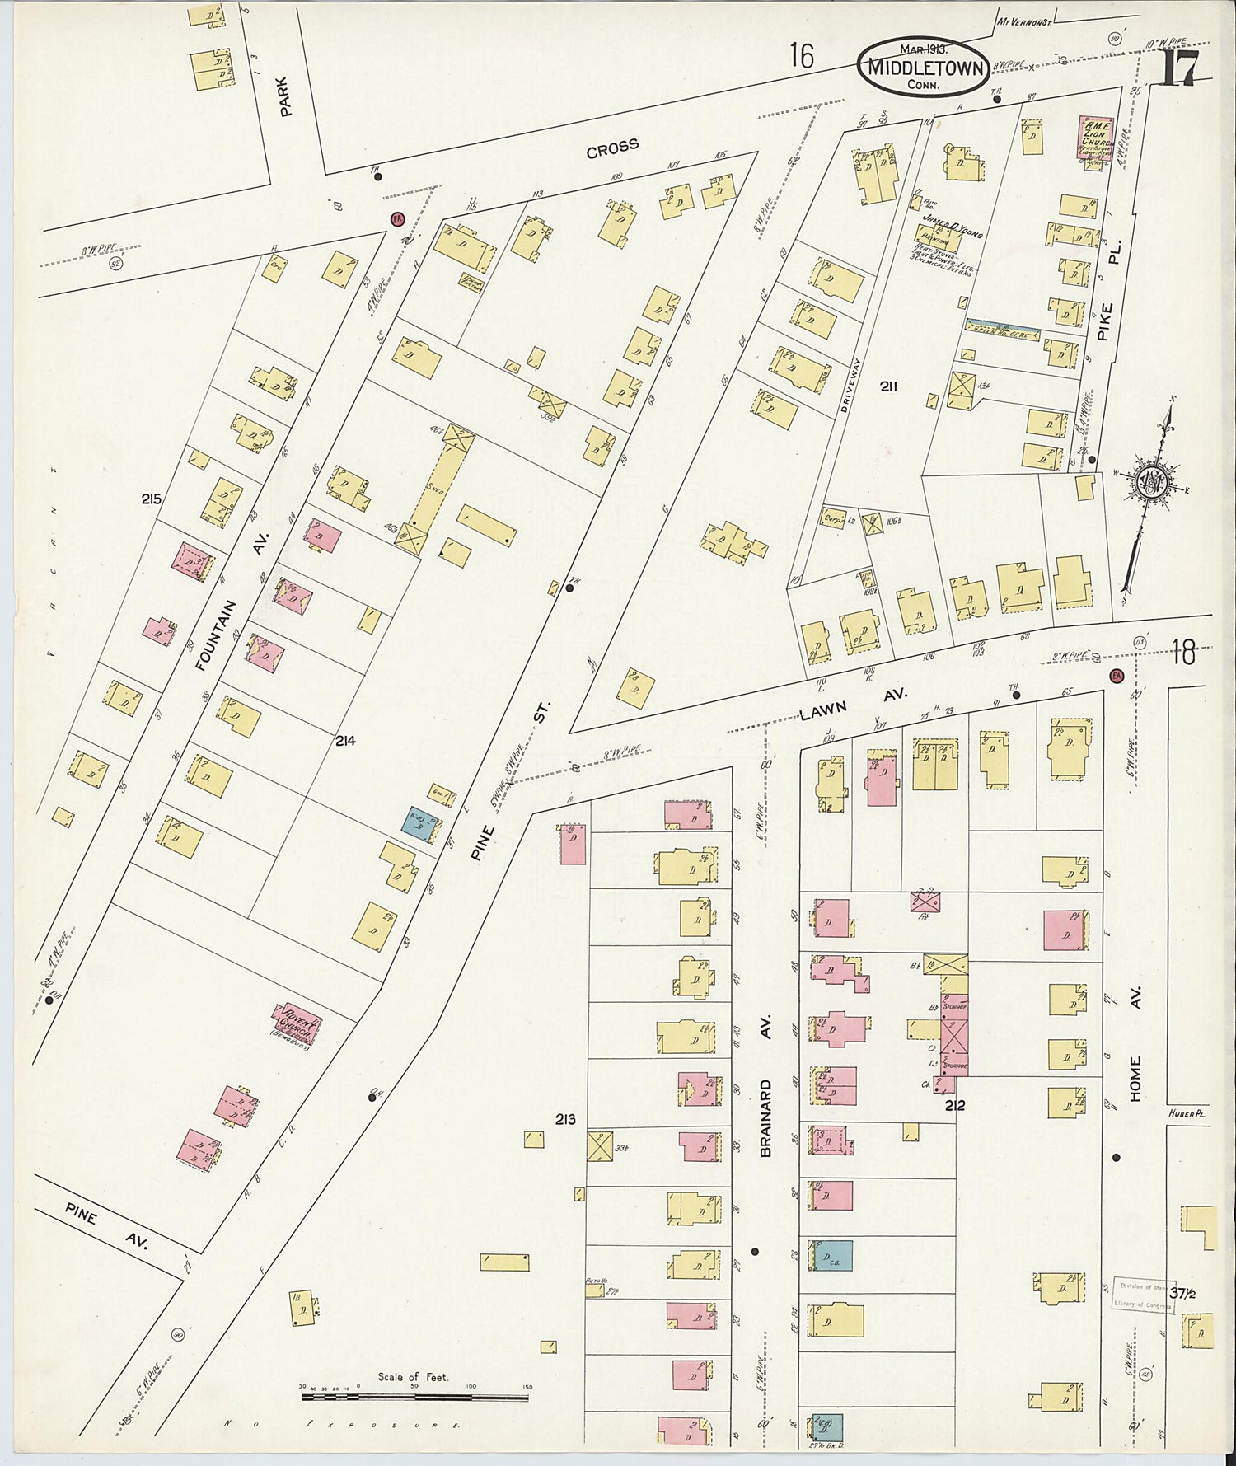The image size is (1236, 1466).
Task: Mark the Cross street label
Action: coord(612,148)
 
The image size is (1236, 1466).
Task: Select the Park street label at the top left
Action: coord(285,96)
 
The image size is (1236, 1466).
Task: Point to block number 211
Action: coord(888,386)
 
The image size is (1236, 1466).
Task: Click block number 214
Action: coord(345,741)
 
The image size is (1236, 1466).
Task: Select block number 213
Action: coord(565,1119)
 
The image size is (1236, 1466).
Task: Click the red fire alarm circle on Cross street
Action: coord(396,219)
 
